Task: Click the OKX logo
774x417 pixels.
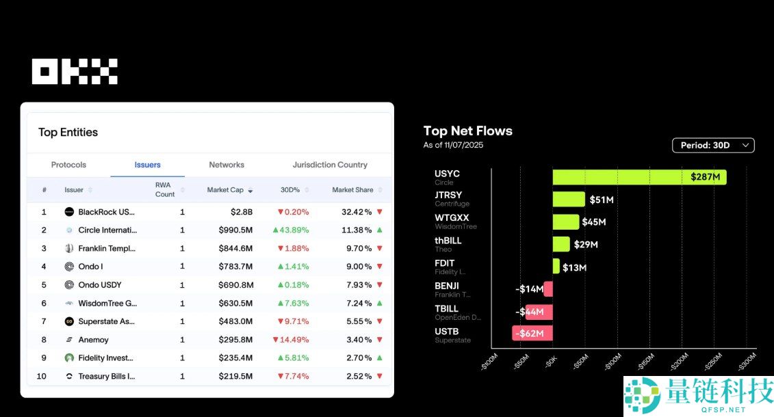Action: tap(75, 72)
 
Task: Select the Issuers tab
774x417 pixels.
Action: tap(147, 165)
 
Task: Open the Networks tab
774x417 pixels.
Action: tap(227, 165)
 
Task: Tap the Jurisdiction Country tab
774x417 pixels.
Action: tap(330, 165)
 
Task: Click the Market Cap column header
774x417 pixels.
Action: tap(225, 190)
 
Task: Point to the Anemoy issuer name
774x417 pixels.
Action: tap(93, 340)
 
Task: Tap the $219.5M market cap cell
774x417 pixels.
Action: tap(235, 376)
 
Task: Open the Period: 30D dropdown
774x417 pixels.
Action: tap(713, 145)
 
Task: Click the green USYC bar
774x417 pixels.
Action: tap(639, 178)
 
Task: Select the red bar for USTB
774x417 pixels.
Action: tap(532, 334)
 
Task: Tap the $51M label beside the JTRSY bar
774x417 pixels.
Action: tap(602, 200)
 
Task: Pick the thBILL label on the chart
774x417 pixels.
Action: tap(448, 241)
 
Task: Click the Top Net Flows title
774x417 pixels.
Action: tap(467, 131)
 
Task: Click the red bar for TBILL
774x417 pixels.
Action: tap(539, 312)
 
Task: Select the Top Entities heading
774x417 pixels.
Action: tap(68, 133)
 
